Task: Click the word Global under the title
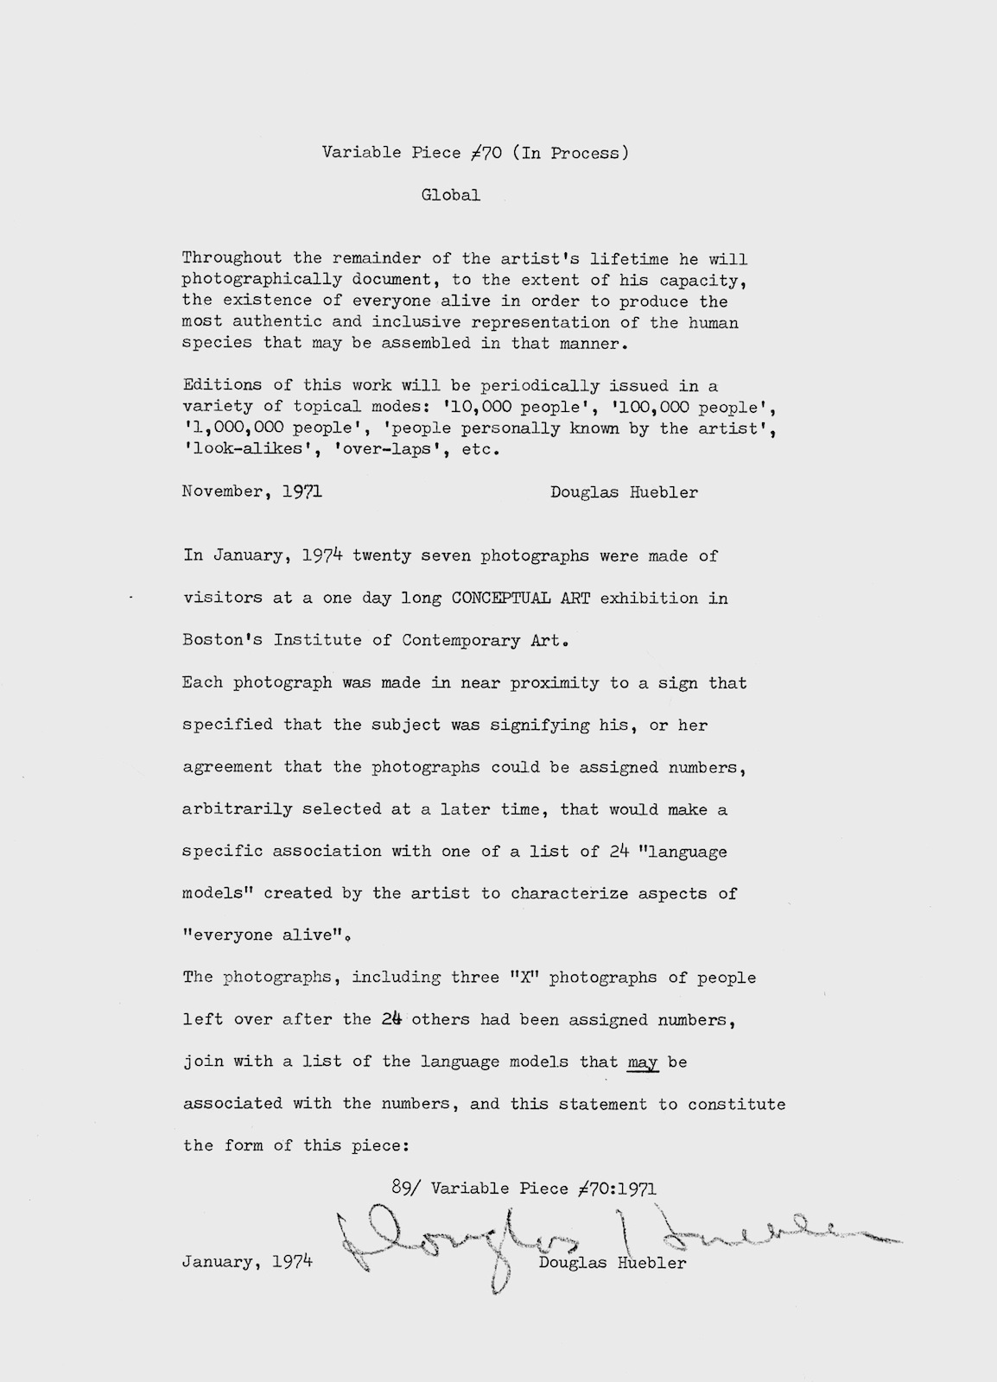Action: [x=450, y=195]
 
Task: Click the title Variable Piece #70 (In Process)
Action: [x=475, y=153]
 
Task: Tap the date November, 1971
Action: [x=252, y=492]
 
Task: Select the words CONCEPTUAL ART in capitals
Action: [x=521, y=598]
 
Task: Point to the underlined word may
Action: [x=643, y=1062]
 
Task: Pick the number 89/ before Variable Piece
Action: [x=399, y=1188]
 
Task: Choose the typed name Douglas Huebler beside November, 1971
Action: [x=624, y=492]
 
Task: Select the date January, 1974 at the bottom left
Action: [x=247, y=1263]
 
